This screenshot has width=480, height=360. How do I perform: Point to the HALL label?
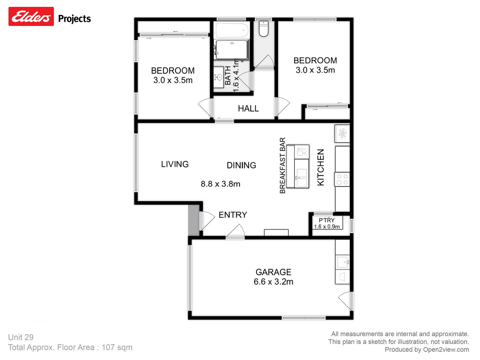click(x=248, y=108)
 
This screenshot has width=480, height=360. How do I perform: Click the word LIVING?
click(x=175, y=164)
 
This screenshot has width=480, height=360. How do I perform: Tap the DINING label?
click(x=241, y=165)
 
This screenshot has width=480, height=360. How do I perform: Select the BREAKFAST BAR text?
click(x=282, y=166)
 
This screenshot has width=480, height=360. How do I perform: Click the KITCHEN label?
click(x=320, y=167)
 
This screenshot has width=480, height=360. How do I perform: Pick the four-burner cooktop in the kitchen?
click(x=342, y=178)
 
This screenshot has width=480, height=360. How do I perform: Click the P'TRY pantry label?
click(x=326, y=220)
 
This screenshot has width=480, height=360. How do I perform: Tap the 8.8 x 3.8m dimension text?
click(x=220, y=184)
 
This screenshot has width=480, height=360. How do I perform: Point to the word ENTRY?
click(x=233, y=215)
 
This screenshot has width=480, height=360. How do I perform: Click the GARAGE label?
click(x=274, y=272)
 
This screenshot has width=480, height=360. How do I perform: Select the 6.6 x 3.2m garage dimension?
click(x=274, y=282)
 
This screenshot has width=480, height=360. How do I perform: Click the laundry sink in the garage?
click(x=342, y=263)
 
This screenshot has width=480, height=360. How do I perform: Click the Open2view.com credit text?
click(x=426, y=350)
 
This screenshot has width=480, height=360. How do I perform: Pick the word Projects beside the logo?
click(x=75, y=18)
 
